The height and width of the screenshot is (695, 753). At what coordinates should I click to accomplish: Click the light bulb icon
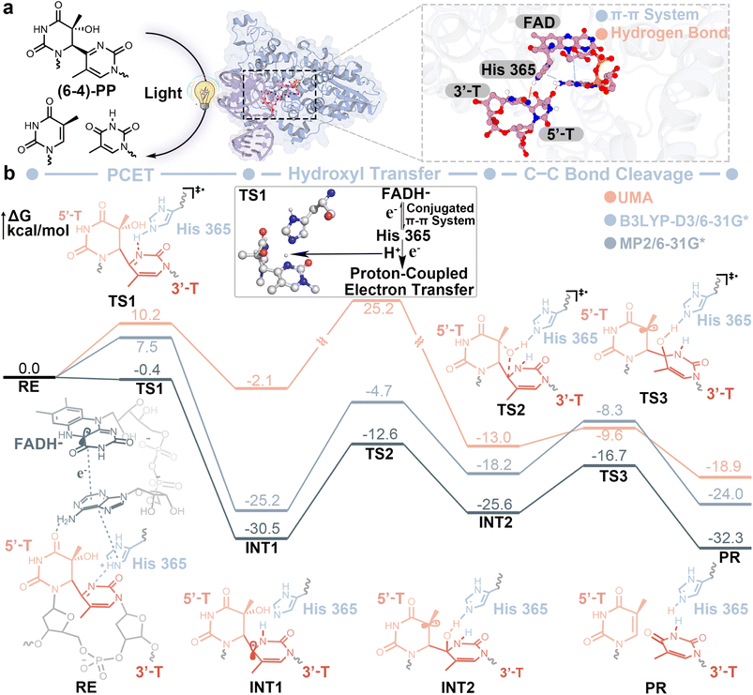coord(203,94)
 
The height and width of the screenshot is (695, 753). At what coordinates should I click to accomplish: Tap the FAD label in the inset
coord(539,23)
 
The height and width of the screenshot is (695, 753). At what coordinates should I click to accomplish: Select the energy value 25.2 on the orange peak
coord(379,309)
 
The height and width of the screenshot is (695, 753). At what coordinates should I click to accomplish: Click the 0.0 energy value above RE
coord(29,369)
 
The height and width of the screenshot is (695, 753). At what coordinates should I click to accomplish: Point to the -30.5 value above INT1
coord(263,529)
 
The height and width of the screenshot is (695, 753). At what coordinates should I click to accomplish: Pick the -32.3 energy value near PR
coord(725,537)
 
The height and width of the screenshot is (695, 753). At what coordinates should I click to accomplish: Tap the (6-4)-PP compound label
coord(87,90)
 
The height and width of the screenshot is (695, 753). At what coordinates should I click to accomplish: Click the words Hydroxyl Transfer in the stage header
coord(364,174)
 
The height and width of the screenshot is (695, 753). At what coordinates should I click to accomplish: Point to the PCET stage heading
coord(130,174)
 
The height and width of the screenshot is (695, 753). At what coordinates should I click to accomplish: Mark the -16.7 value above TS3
coord(610,455)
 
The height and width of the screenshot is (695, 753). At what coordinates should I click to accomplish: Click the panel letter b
coord(9,174)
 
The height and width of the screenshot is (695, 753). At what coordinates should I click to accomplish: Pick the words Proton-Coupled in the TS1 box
coord(409,273)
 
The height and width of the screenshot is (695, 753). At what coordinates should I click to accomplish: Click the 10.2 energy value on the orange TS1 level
coord(147,314)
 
